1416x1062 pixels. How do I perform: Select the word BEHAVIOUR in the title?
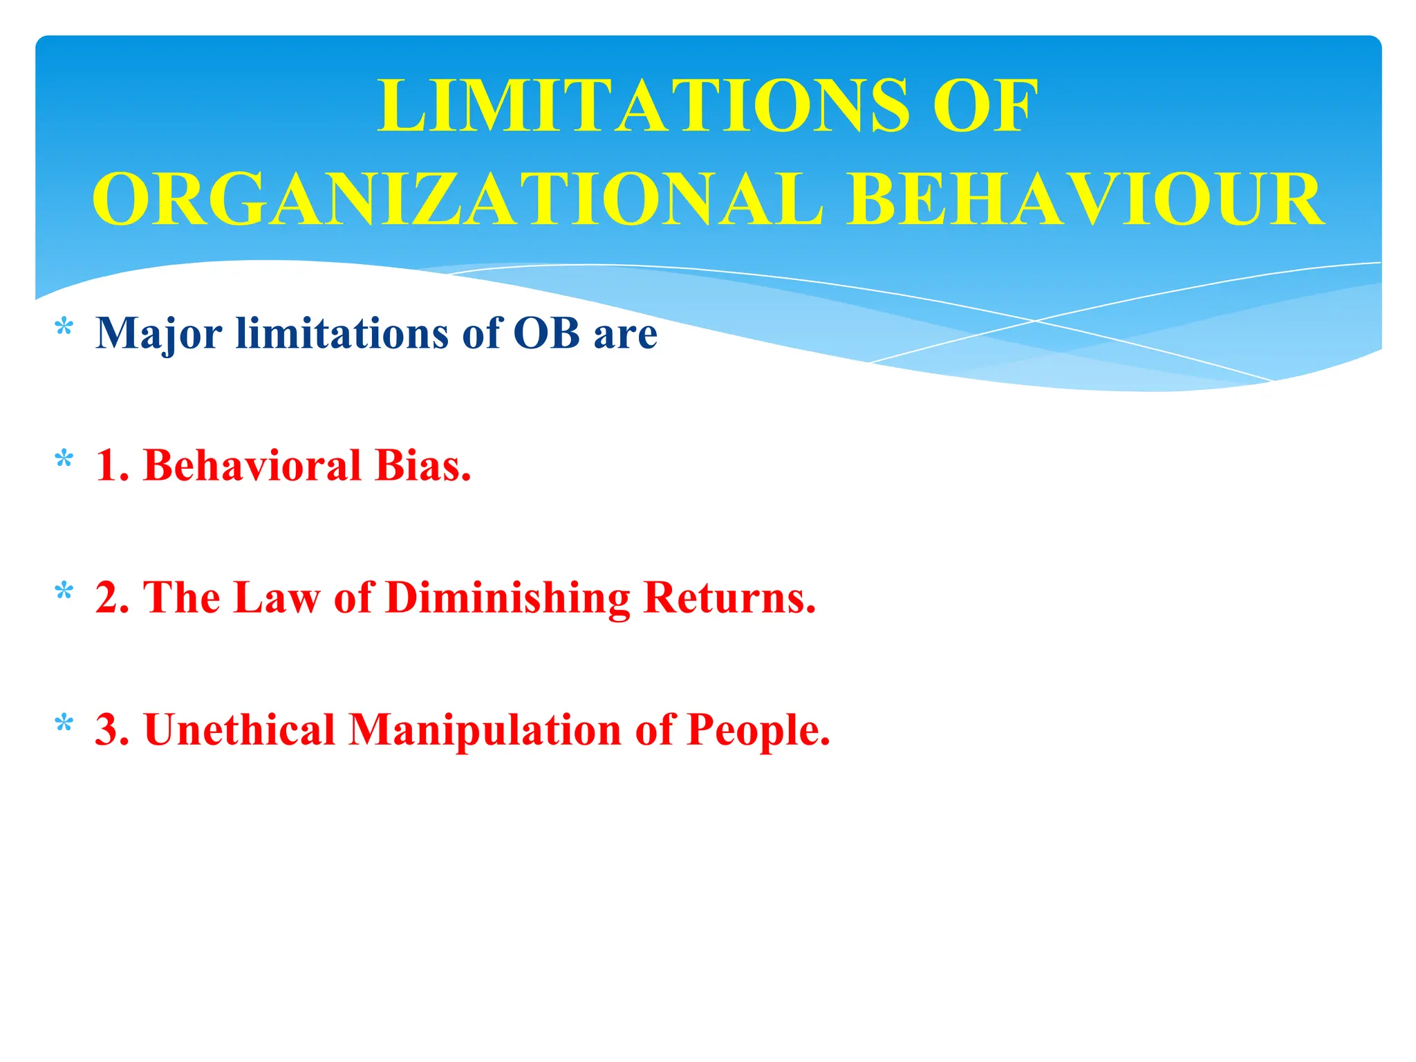1086,200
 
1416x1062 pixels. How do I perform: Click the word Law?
277,597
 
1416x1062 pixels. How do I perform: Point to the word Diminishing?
507,598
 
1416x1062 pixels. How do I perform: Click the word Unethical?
239,729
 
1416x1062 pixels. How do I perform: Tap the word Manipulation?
485,731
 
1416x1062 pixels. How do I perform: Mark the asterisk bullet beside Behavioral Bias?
64,459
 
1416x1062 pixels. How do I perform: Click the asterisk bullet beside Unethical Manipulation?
64,724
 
